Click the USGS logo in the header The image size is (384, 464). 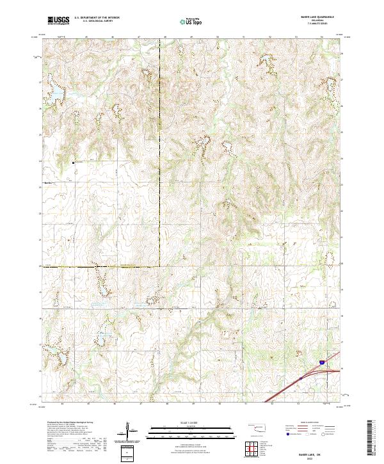pos(58,20)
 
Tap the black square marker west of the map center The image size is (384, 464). pos(74,163)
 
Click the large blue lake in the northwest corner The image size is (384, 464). pos(56,94)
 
